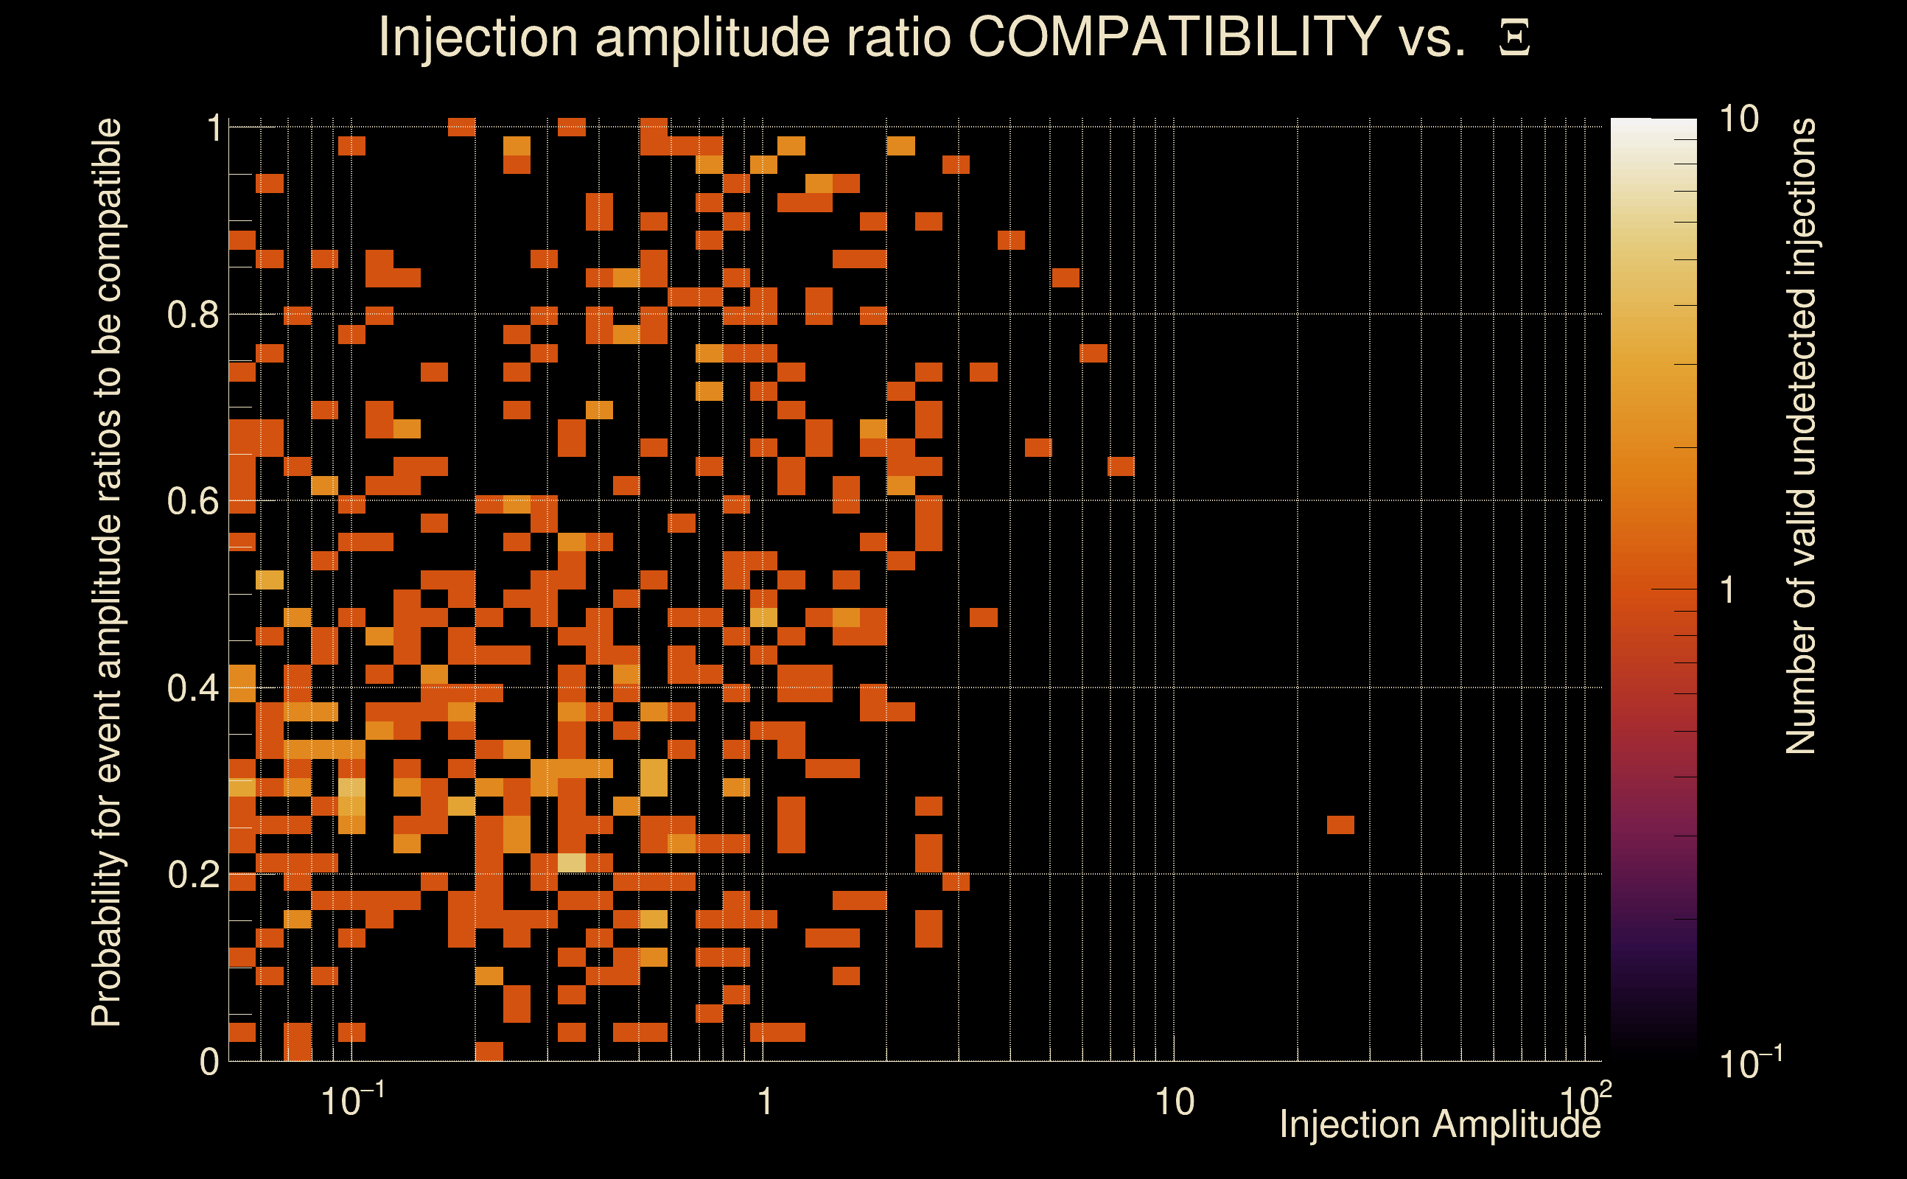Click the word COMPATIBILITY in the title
coord(1174,37)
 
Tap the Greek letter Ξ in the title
coord(1514,38)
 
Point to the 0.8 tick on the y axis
coord(192,315)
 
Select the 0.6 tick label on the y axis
coord(192,501)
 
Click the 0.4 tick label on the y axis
coord(192,688)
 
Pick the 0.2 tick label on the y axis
coord(192,875)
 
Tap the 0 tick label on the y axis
coord(209,1062)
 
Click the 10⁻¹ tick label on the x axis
coord(352,1101)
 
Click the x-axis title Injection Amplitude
coord(1440,1125)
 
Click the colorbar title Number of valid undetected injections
coord(1800,437)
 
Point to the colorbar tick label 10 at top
coord(1738,120)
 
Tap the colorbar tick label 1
coord(1728,591)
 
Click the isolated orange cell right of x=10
coord(1340,825)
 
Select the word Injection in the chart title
coord(477,37)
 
